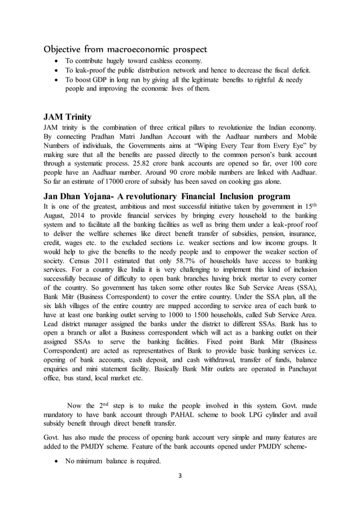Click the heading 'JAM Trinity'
click(x=67, y=117)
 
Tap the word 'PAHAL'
click(x=186, y=413)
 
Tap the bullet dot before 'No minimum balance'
click(x=55, y=461)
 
